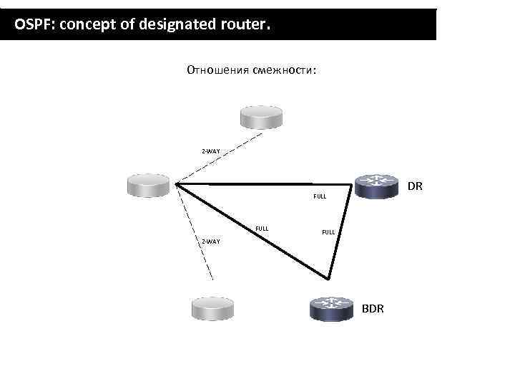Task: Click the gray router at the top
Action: [x=260, y=117]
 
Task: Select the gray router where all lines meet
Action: [x=147, y=184]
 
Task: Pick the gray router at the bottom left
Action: [x=214, y=308]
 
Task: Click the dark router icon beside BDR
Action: [x=331, y=308]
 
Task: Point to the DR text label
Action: [x=415, y=186]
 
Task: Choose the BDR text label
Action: [x=373, y=308]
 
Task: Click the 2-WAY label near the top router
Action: [x=210, y=151]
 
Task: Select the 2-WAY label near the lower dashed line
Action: [x=210, y=241]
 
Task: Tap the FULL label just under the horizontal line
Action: [x=320, y=196]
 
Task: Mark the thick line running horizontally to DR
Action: [x=257, y=184]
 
